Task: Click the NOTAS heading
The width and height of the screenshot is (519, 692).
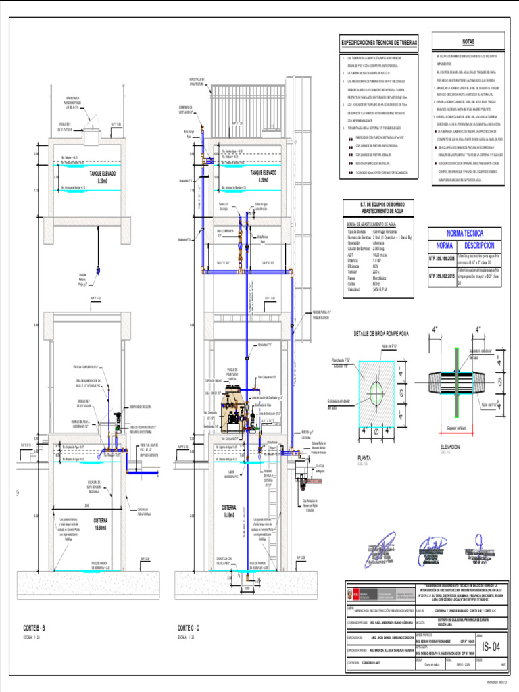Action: tap(468, 41)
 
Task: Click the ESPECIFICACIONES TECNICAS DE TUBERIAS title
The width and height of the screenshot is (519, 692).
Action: tap(379, 43)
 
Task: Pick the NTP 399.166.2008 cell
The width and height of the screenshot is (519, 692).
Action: tap(442, 258)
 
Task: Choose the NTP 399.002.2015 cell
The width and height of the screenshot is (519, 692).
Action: tap(442, 276)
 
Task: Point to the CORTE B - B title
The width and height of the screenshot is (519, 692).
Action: tap(34, 628)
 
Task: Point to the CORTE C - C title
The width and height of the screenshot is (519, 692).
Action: tap(192, 628)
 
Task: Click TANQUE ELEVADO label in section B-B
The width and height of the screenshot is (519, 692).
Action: tap(97, 174)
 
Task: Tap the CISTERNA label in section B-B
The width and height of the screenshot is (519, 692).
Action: tap(100, 521)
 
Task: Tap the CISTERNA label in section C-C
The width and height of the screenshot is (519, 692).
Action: tap(232, 507)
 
